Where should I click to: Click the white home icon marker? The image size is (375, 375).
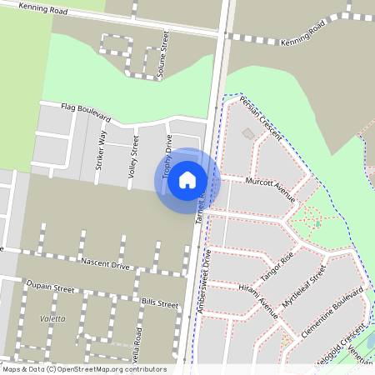point(187,180)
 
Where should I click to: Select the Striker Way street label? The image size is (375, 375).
point(102,151)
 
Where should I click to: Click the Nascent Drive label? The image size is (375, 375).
point(105,263)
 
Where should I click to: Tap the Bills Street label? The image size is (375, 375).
point(160,303)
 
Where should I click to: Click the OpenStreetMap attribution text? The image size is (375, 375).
point(83,369)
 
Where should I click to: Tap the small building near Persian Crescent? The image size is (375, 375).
point(247,133)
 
